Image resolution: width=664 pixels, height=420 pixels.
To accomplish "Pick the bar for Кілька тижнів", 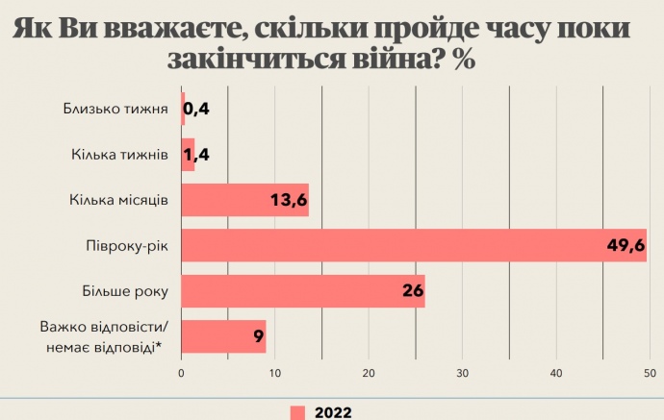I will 188,154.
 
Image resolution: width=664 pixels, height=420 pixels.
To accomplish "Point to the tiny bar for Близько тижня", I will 183,109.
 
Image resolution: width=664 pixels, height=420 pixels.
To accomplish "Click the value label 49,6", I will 625,246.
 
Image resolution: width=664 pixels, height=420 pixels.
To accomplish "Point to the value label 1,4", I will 196,154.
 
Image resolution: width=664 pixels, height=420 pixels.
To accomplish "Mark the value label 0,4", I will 196,109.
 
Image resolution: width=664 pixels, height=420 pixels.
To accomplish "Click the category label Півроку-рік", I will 127,246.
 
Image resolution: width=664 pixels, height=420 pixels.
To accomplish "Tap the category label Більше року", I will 126,291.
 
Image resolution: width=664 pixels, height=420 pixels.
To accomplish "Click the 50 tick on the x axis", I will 650,373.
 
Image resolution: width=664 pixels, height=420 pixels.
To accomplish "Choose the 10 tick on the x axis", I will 275,373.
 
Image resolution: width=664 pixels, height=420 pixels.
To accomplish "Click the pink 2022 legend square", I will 297,411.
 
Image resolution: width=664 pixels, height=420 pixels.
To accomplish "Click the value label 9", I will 258,336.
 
